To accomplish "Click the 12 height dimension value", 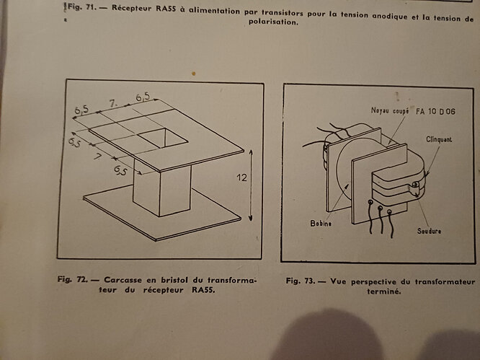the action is point(241,177).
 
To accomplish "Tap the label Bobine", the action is point(321,224).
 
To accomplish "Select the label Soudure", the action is point(429,231).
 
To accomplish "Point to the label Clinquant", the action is point(439,139).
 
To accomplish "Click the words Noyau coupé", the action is point(390,110).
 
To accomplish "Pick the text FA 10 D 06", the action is point(435,112).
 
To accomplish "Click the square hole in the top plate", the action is point(162,139).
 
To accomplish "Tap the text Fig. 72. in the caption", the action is point(73,279).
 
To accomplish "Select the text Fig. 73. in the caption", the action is point(301,281).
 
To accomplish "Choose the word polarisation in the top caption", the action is point(273,22).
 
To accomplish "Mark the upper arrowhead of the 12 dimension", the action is point(251,152).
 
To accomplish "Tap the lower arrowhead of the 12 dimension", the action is point(250,218).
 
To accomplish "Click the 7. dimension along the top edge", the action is point(113,104).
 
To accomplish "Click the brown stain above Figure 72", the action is point(193,74).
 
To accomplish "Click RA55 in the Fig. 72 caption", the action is point(203,290).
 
